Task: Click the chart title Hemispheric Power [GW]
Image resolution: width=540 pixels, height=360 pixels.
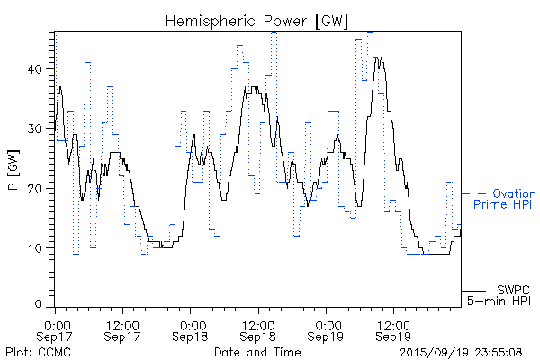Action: (x=257, y=20)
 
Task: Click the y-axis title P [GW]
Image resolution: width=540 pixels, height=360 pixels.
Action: (x=14, y=166)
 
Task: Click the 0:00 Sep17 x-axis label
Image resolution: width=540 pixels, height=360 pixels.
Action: (x=56, y=330)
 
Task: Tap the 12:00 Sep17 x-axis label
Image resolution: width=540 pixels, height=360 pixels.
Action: (x=122, y=330)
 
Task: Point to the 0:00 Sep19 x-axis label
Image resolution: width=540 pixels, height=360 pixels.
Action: (x=326, y=330)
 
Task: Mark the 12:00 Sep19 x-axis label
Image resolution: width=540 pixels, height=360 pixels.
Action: (x=392, y=330)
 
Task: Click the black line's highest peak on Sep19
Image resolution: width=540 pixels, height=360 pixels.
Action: (x=381, y=58)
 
